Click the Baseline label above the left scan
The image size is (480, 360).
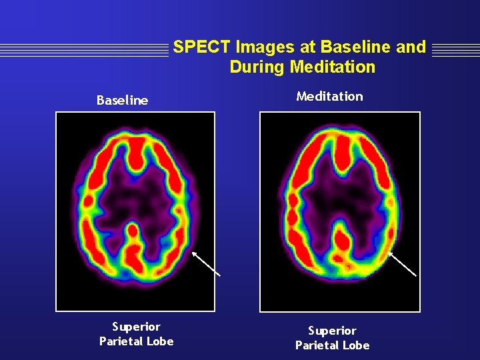pyautogui.click(x=122, y=101)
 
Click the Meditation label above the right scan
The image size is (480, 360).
pyautogui.click(x=329, y=96)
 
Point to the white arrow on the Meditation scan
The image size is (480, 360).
pyautogui.click(x=402, y=263)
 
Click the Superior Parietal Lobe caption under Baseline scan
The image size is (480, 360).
pyautogui.click(x=136, y=334)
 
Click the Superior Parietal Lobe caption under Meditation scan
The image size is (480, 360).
pyautogui.click(x=332, y=338)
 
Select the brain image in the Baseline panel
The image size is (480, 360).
pyautogui.click(x=135, y=211)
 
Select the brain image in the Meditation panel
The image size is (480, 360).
pyautogui.click(x=339, y=211)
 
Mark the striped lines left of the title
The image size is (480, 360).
pyautogui.click(x=83, y=48)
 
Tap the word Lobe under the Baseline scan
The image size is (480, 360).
pyautogui.click(x=160, y=341)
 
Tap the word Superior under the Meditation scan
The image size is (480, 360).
pyautogui.click(x=332, y=331)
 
